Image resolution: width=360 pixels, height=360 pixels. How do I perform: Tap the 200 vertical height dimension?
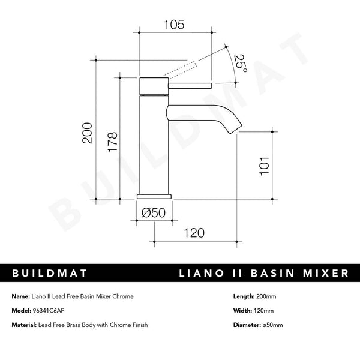point(88,133)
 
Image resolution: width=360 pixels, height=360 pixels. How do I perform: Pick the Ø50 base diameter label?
point(155,211)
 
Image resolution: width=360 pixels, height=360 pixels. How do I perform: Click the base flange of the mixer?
point(155,196)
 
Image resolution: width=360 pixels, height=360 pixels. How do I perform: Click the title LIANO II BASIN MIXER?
point(263,273)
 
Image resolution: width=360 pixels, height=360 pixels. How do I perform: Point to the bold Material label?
point(25,325)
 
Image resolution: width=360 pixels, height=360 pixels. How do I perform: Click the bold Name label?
point(20,296)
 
